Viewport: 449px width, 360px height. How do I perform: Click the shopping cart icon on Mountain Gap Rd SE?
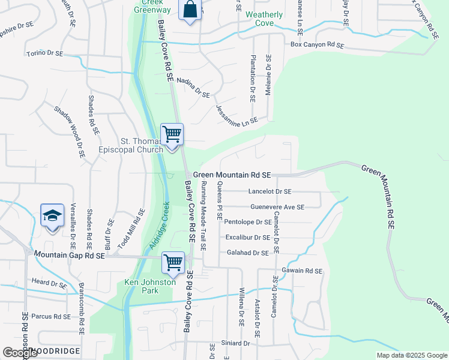point(173,263)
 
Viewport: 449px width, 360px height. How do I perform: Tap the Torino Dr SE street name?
point(45,53)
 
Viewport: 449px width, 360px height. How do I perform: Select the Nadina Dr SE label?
point(193,91)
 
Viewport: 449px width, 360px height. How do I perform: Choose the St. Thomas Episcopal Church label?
point(142,146)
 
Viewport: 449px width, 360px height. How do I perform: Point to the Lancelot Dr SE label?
point(270,191)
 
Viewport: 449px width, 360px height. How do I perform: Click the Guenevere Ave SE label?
point(277,207)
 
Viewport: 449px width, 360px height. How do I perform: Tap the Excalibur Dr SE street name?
point(247,238)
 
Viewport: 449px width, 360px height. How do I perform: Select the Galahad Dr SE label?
point(248,253)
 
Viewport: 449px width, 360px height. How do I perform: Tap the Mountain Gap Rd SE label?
point(70,256)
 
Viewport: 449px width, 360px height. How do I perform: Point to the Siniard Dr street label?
point(235,343)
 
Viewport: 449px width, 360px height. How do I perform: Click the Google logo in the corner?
point(20,353)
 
